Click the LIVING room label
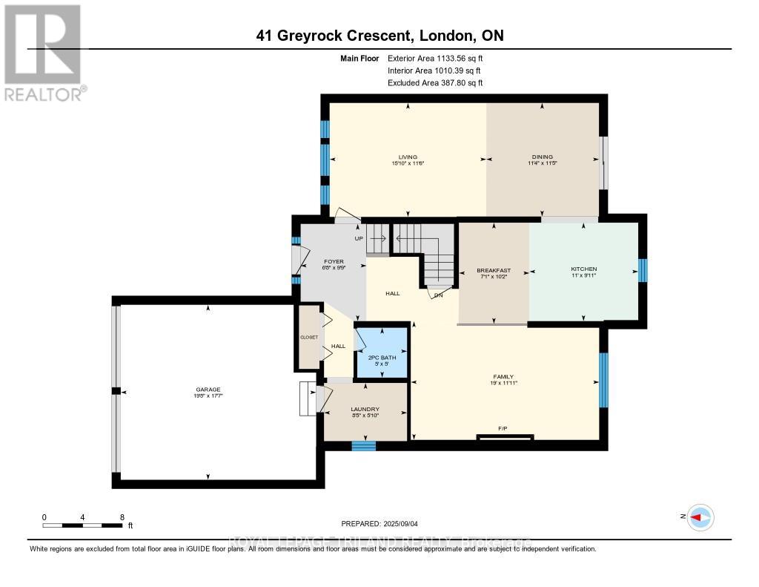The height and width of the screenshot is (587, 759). [408, 157]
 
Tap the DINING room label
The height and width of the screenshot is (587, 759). [543, 157]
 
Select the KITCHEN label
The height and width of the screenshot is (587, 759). [583, 269]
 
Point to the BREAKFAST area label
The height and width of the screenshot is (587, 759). [494, 270]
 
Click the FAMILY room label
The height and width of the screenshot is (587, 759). [503, 377]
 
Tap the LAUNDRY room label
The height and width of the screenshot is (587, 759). [365, 409]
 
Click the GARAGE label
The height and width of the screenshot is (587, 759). [208, 390]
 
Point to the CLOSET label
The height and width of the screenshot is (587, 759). [308, 337]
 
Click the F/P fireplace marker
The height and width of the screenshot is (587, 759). [504, 429]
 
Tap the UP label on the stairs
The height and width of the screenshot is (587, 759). [359, 239]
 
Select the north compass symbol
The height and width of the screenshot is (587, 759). [700, 517]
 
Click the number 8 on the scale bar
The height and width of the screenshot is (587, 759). [122, 517]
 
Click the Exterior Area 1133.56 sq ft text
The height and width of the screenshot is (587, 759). [435, 58]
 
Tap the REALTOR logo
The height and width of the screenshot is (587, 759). [43, 52]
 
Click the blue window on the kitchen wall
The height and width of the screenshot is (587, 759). [642, 270]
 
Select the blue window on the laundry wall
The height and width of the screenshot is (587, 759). [363, 445]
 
